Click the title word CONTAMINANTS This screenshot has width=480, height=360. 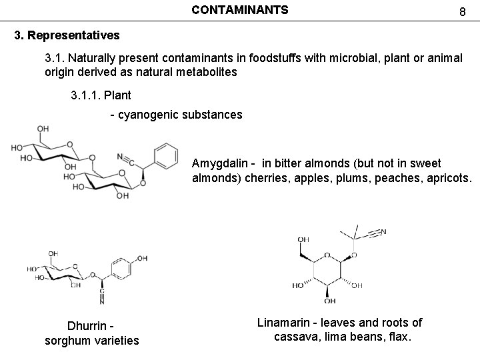tap(239, 10)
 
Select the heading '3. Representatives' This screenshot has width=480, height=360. tap(67, 33)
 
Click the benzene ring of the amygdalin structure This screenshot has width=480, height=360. tap(165, 156)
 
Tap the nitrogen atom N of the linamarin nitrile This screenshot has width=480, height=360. tap(383, 232)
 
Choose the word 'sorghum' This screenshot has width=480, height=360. tap(67, 341)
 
